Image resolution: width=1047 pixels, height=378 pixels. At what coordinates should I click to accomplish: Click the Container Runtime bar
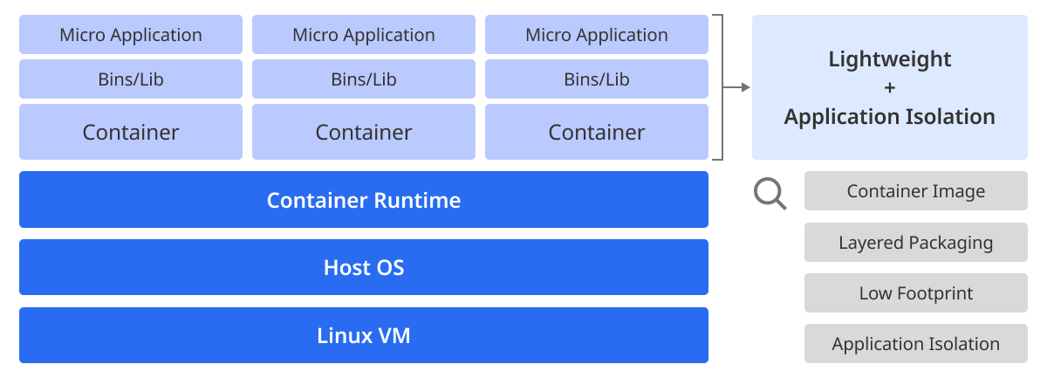pos(364,199)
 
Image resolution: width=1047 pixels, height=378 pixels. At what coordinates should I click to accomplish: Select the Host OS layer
pos(364,267)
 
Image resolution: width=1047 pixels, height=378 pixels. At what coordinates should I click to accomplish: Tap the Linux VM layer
pos(364,335)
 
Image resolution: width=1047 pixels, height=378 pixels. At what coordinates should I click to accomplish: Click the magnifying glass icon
pos(770,194)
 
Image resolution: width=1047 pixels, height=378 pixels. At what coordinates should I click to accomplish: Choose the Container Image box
pos(915,191)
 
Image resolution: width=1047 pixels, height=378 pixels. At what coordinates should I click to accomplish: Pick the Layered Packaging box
pos(915,243)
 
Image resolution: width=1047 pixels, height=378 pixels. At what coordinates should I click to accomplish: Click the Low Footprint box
pos(915,292)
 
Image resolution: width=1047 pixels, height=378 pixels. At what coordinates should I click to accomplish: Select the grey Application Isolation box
pos(915,343)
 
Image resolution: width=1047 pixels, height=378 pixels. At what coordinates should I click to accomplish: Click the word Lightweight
pos(889,59)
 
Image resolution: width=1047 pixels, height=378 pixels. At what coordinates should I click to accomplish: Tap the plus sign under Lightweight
pos(890,87)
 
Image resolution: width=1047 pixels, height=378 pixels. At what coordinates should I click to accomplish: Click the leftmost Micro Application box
pos(131,35)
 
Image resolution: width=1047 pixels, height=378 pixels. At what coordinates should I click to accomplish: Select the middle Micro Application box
pos(364,35)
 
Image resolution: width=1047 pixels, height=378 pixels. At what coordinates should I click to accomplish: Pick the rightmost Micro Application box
pos(597,35)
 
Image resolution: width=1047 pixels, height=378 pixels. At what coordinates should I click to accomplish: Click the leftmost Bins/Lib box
pos(131,79)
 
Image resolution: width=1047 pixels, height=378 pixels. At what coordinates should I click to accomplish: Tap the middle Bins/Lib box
pos(364,79)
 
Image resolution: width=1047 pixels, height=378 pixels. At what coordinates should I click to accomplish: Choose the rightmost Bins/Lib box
pos(597,79)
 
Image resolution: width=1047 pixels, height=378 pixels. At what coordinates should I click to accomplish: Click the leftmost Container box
pos(131,132)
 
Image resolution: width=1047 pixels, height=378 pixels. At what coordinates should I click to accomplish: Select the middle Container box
pos(364,132)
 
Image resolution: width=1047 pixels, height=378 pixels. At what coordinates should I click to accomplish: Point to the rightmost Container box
pos(597,132)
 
